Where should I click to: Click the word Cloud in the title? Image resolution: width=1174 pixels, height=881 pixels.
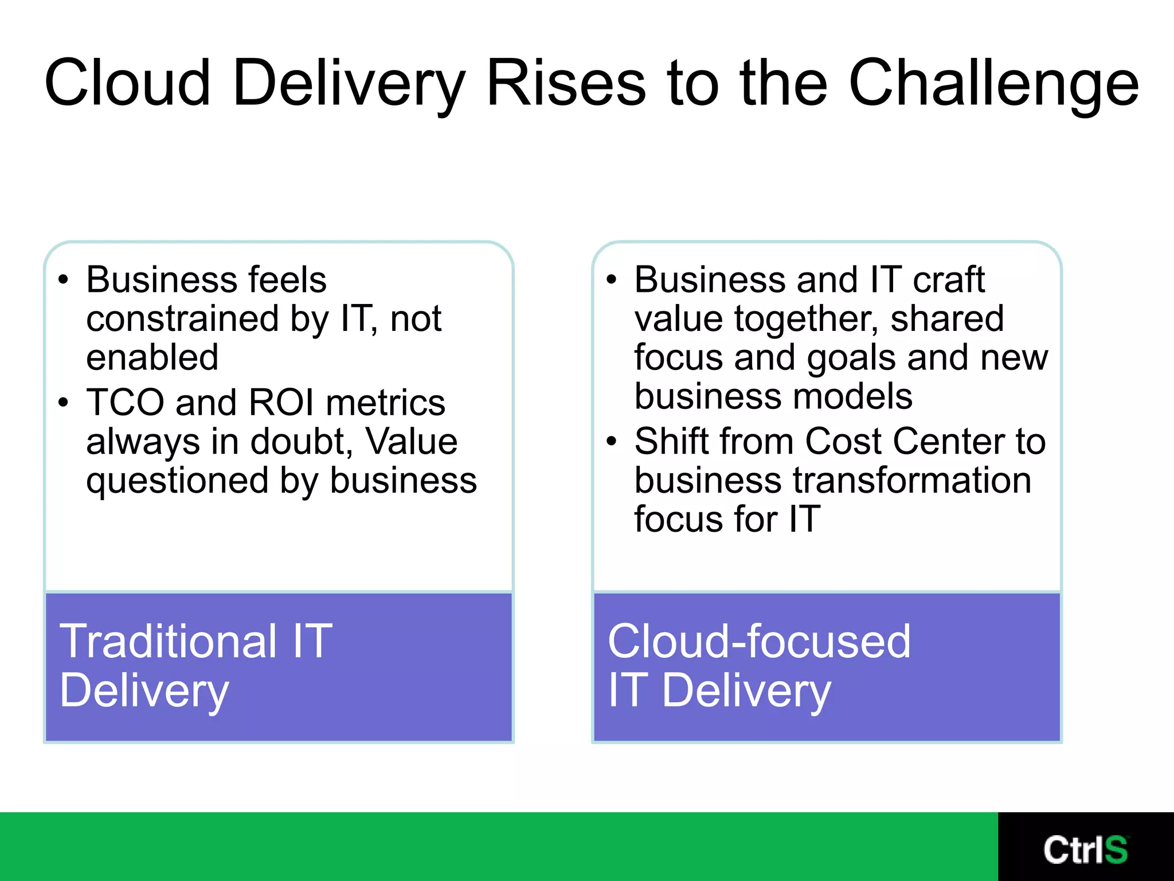pyautogui.click(x=127, y=83)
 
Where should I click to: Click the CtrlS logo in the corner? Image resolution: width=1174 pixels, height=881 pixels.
pyautogui.click(x=1085, y=849)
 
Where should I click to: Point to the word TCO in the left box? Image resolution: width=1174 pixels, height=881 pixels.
pyautogui.click(x=125, y=402)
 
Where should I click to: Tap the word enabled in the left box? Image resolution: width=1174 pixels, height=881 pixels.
pyautogui.click(x=152, y=357)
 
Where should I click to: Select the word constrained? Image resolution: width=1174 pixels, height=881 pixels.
pyautogui.click(x=182, y=318)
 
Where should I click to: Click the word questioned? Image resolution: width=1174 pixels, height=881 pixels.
pyautogui.click(x=177, y=481)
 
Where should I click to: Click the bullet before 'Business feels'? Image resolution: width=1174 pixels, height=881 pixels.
pyautogui.click(x=63, y=280)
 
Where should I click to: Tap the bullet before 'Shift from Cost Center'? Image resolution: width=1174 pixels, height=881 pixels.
pyautogui.click(x=612, y=442)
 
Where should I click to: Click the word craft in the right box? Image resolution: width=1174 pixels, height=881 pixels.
pyautogui.click(x=948, y=280)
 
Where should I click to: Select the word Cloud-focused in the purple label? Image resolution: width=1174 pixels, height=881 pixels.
pyautogui.click(x=759, y=641)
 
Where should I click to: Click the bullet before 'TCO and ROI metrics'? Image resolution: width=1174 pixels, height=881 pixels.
pyautogui.click(x=63, y=403)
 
